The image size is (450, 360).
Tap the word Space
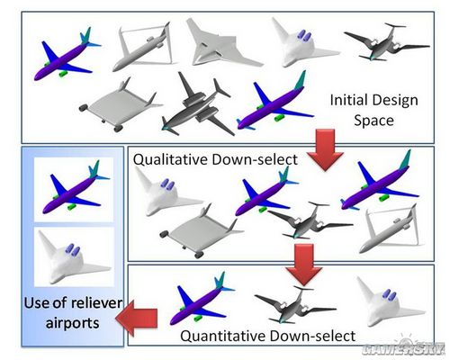click(x=373, y=121)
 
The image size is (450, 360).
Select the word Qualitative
click(x=171, y=159)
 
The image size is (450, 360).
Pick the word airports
click(x=73, y=323)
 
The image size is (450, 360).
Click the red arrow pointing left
click(x=137, y=319)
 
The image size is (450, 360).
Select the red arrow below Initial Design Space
click(x=325, y=149)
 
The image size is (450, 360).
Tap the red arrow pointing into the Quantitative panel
click(x=303, y=264)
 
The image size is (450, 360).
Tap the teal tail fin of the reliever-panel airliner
click(x=94, y=169)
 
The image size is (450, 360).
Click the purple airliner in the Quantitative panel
click(x=202, y=299)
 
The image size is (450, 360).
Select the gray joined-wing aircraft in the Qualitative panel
click(x=390, y=229)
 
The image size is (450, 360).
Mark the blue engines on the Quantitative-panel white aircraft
click(x=389, y=295)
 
